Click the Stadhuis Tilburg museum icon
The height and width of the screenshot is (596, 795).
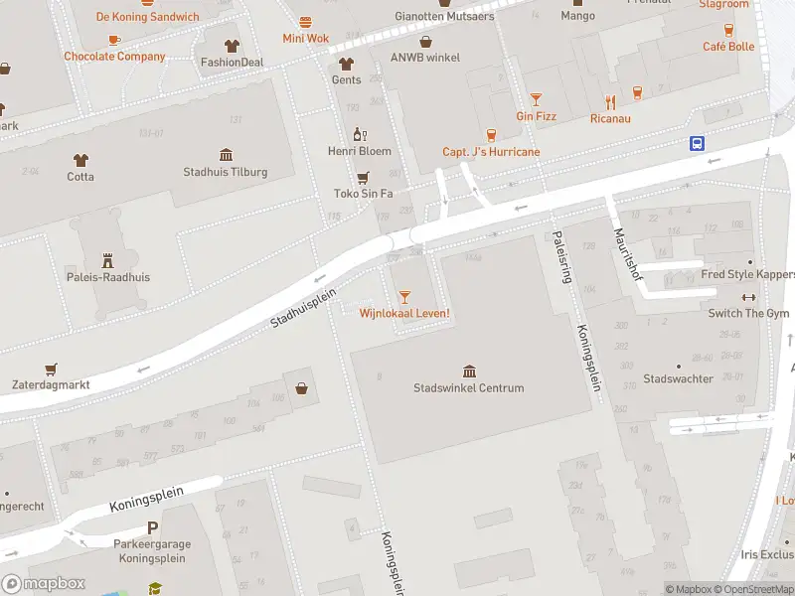[x=226, y=154]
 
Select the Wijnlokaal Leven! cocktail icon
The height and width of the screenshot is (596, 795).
[x=404, y=296]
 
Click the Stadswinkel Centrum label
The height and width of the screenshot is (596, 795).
[x=468, y=387]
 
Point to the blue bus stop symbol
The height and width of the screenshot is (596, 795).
[x=698, y=143]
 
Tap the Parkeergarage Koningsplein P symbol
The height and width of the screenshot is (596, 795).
[x=152, y=529]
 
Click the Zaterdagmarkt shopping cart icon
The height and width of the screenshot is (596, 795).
[x=51, y=368]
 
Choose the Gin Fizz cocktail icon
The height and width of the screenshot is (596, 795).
[x=536, y=98]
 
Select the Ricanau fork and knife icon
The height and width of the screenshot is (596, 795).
[x=610, y=101]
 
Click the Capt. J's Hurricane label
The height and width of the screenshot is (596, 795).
[x=491, y=152]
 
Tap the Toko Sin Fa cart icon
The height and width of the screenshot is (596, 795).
[x=363, y=177]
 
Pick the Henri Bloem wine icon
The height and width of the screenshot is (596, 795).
[x=360, y=134]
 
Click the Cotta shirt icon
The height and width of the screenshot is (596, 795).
[x=80, y=159]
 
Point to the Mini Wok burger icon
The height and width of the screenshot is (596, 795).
[x=305, y=21]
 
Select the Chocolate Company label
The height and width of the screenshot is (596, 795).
[x=114, y=57]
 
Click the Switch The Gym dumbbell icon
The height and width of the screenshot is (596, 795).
[x=748, y=297]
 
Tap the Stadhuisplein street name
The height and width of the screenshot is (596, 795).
[x=304, y=309]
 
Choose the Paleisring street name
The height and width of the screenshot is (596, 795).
[x=559, y=257]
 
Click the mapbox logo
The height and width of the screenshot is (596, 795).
[x=44, y=584]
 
